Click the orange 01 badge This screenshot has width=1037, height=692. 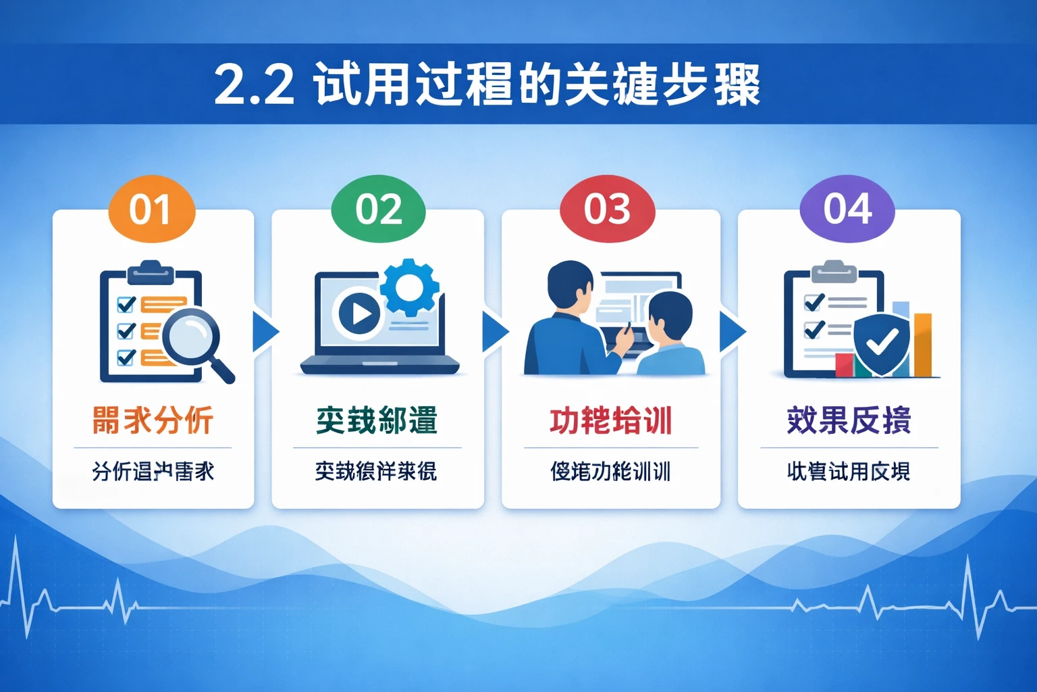click(x=152, y=209)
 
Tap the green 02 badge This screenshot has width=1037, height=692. click(x=379, y=209)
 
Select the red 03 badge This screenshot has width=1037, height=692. click(x=607, y=209)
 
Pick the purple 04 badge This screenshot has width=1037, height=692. click(x=847, y=209)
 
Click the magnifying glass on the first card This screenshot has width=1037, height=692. click(x=193, y=335)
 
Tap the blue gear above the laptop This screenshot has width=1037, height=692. click(x=409, y=287)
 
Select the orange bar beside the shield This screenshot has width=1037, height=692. click(x=922, y=345)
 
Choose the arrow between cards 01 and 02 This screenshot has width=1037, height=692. click(x=265, y=331)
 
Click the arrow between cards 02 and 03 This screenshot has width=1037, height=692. click(x=495, y=331)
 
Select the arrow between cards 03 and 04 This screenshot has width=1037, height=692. click(x=732, y=331)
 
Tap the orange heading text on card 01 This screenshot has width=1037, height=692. click(x=153, y=420)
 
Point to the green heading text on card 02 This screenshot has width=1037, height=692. click(x=377, y=420)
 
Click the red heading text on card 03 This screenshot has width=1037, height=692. click(x=610, y=420)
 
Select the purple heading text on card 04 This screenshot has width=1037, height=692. click(x=849, y=420)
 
